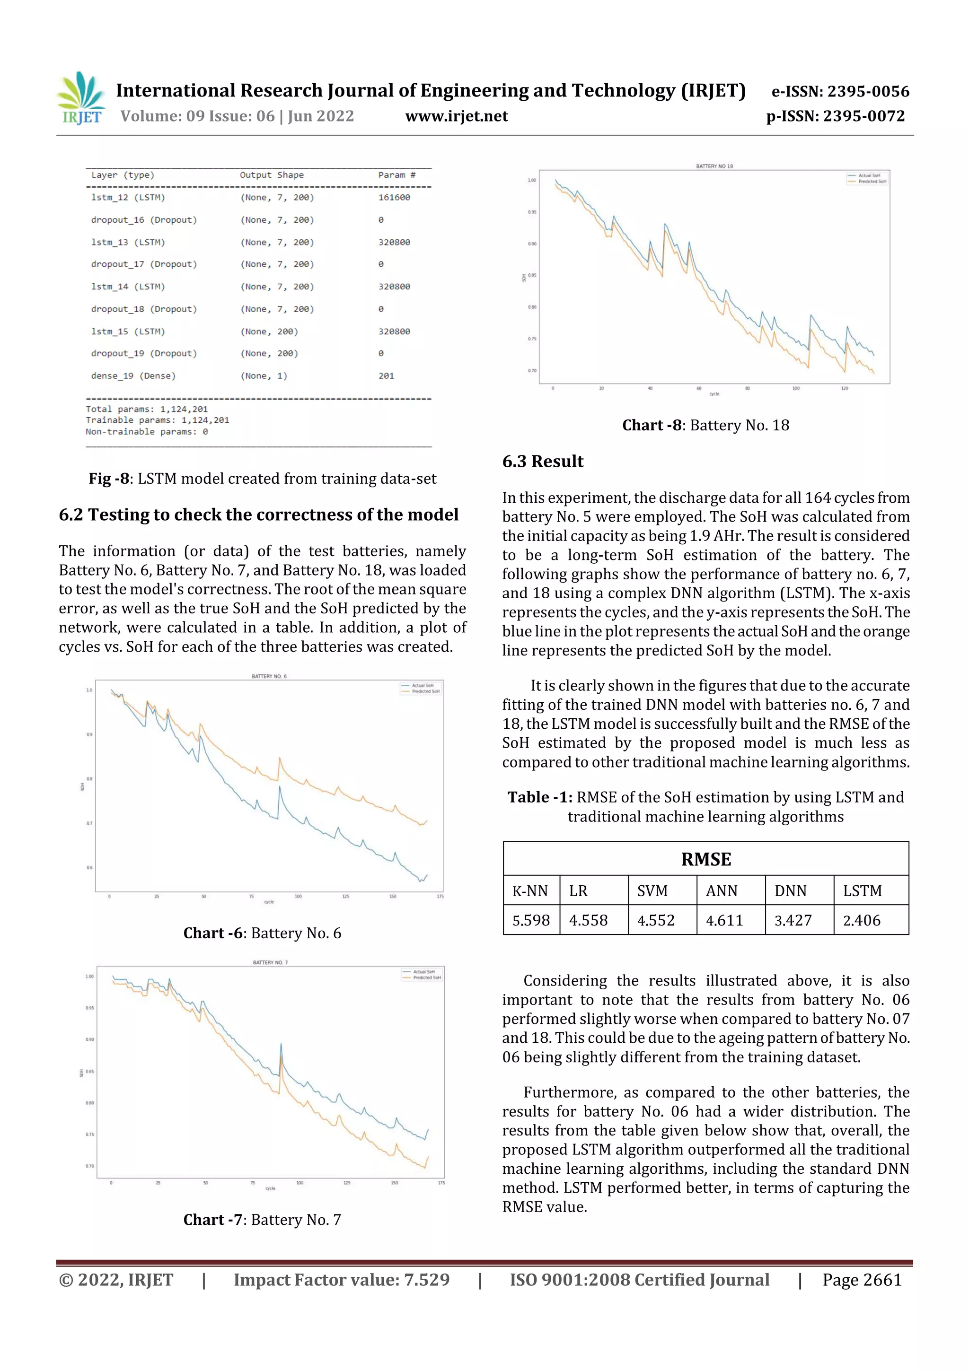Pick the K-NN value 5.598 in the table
click(531, 920)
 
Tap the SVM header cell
click(652, 891)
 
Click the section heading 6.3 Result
click(542, 461)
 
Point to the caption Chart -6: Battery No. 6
click(262, 933)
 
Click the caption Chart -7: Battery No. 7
click(262, 1219)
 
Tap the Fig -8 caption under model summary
click(262, 479)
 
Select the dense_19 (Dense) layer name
click(133, 376)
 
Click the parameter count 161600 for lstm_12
click(394, 198)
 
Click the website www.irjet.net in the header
click(456, 116)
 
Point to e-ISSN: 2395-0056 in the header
click(840, 91)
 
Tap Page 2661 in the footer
click(862, 1279)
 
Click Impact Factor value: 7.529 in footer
click(341, 1279)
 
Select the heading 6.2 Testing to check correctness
click(258, 515)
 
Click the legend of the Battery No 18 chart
click(867, 178)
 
